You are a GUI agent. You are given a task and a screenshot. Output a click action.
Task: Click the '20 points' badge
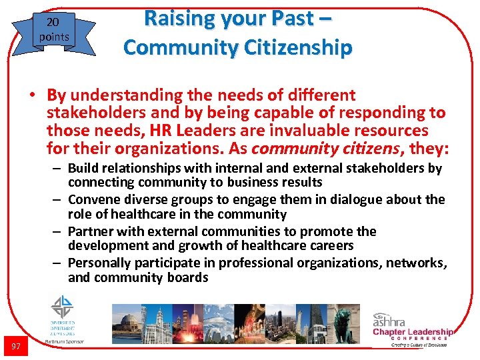pos(53,29)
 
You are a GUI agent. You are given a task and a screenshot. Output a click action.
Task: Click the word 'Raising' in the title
pos(174,19)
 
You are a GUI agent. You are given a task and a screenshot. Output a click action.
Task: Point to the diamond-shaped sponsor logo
pos(63,307)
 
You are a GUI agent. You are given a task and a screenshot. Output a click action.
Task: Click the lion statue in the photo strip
pos(345,320)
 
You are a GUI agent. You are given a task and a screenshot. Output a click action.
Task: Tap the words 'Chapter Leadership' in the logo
pos(413,331)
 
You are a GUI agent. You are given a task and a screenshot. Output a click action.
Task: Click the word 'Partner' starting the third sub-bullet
pos(91,231)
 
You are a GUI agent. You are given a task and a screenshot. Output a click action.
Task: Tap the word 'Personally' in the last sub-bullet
pos(99,263)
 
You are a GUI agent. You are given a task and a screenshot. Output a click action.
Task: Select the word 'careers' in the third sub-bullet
pos(330,245)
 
